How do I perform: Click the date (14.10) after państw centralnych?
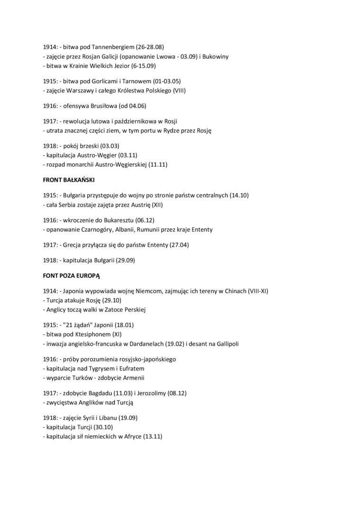tap(239, 196)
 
